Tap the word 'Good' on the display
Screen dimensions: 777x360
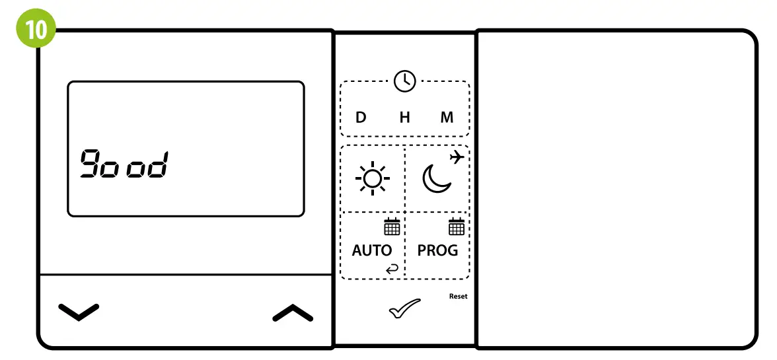(x=124, y=164)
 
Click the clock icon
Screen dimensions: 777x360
(x=404, y=81)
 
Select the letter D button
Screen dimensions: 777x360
(x=361, y=118)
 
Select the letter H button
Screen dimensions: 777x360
(x=404, y=118)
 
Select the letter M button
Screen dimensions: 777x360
(x=447, y=118)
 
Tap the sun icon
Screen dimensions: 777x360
(x=372, y=179)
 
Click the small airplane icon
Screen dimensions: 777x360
(x=456, y=157)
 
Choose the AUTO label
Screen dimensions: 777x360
(x=371, y=250)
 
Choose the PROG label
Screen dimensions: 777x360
(x=437, y=250)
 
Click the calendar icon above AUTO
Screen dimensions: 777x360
(x=392, y=227)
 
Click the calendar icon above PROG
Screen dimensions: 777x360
(x=457, y=227)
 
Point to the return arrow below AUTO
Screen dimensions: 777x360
(x=392, y=268)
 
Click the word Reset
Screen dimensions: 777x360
(x=458, y=297)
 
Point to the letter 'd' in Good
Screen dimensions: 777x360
(x=157, y=164)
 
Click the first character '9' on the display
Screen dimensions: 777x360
(x=90, y=164)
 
